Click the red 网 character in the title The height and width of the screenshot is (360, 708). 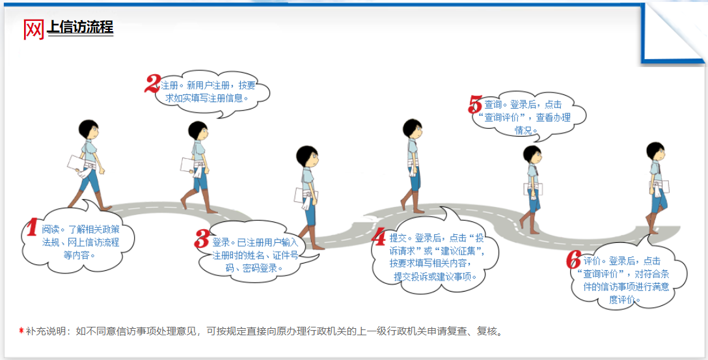(x=34, y=29)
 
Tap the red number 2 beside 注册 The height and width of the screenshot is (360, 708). (x=152, y=83)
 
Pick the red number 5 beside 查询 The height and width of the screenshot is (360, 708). (x=476, y=104)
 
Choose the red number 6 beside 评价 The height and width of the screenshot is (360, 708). (x=573, y=260)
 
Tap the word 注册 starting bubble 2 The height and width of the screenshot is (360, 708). (x=169, y=85)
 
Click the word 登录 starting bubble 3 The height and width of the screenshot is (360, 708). (x=220, y=243)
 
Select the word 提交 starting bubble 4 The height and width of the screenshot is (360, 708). (x=398, y=238)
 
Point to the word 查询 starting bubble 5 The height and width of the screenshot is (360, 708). (x=492, y=105)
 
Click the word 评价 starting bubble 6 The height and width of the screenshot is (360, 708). (x=591, y=261)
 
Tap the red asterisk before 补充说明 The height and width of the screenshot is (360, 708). (x=21, y=331)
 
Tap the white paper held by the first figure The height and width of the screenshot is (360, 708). (x=76, y=165)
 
